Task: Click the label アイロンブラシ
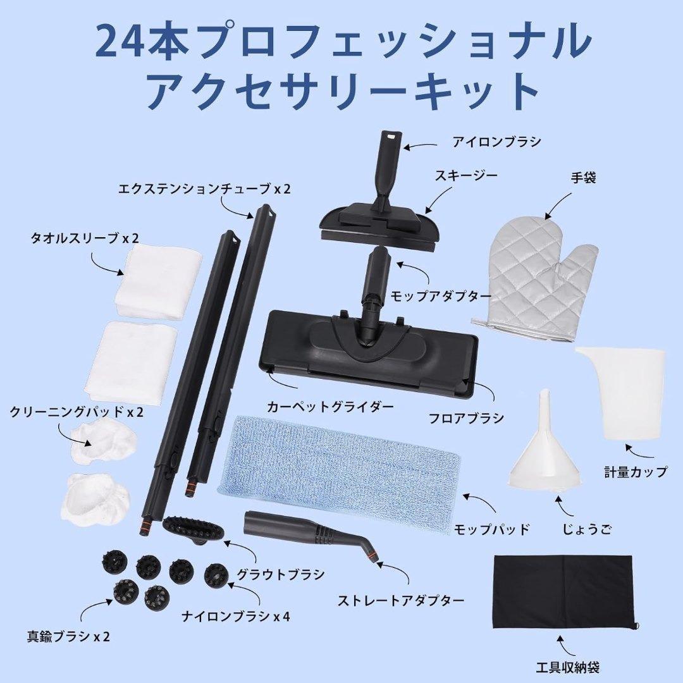496,142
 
